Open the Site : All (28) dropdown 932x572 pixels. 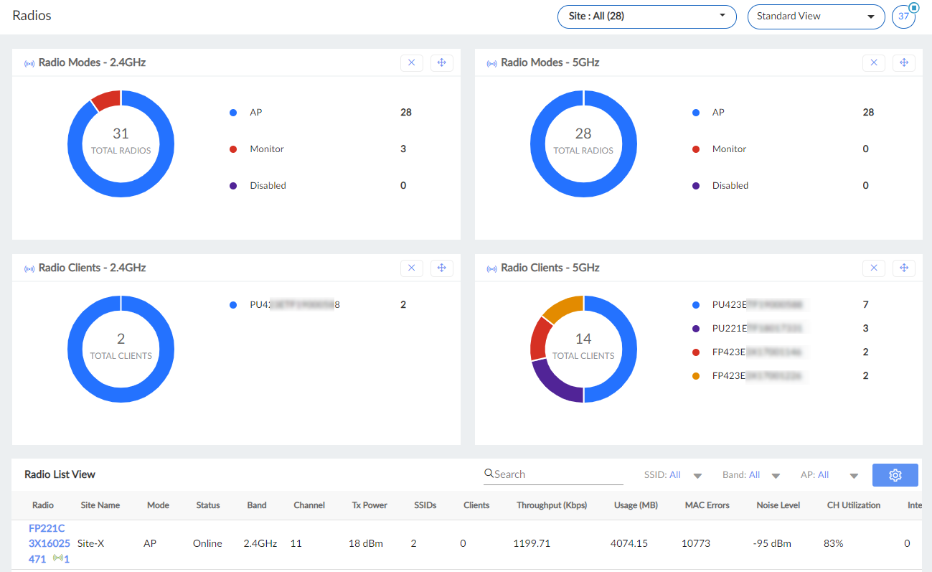[646, 17]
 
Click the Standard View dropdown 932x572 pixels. [816, 17]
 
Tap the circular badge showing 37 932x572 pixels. [903, 17]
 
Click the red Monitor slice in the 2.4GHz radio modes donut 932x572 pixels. [106, 100]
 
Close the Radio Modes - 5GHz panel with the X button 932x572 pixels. [873, 62]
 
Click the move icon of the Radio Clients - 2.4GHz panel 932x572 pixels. [441, 268]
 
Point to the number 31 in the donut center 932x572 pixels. [121, 133]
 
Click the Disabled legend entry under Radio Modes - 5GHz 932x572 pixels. [730, 185]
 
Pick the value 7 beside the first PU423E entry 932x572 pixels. [865, 304]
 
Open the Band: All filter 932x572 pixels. [750, 475]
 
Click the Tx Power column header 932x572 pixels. [369, 505]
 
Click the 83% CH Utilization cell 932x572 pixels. [833, 543]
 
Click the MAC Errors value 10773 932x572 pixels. [697, 543]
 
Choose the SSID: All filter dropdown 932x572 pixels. [672, 475]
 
